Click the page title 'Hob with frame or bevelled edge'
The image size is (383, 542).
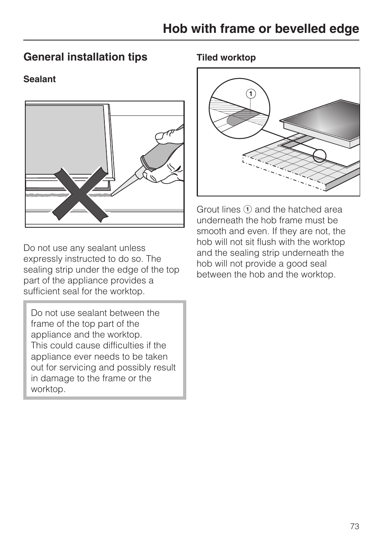(x=261, y=29)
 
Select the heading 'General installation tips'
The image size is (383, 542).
(x=85, y=57)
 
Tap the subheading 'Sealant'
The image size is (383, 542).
(x=39, y=79)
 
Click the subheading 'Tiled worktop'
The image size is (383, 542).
(x=226, y=58)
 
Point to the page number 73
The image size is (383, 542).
(x=354, y=526)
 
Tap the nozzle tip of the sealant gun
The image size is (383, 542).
(x=114, y=194)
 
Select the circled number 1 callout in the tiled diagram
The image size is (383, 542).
(x=251, y=94)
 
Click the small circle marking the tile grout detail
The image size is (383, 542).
(x=320, y=155)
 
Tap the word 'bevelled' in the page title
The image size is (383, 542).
(x=288, y=29)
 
